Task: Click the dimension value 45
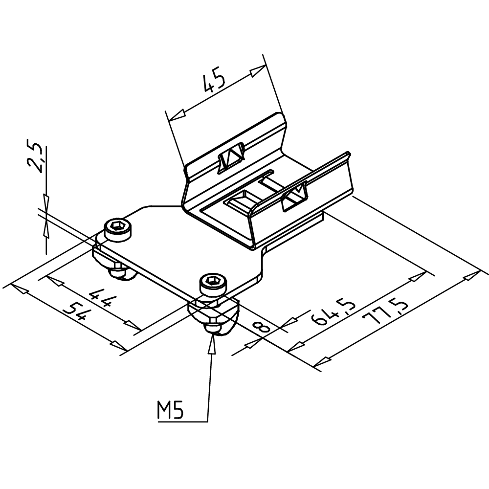click(x=214, y=81)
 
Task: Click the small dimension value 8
click(x=263, y=326)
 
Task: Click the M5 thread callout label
click(x=170, y=411)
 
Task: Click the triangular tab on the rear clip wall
click(x=230, y=157)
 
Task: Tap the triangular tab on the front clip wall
click(x=295, y=197)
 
